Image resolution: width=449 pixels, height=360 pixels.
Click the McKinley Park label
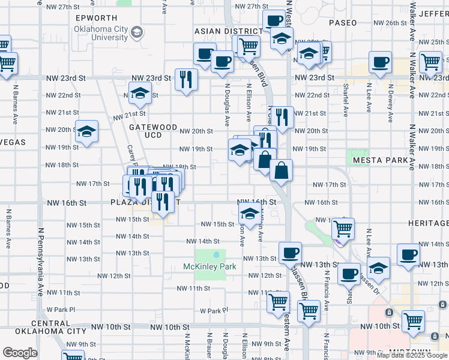(x=210, y=266)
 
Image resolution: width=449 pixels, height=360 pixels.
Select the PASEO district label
(x=343, y=23)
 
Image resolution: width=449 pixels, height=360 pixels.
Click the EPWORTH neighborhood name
(x=96, y=18)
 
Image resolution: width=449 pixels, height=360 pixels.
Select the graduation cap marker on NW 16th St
(x=250, y=212)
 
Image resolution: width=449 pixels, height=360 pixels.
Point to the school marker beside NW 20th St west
(x=86, y=131)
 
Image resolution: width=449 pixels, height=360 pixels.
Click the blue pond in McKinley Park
(x=216, y=255)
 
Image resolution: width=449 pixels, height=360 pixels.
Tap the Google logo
(x=20, y=353)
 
